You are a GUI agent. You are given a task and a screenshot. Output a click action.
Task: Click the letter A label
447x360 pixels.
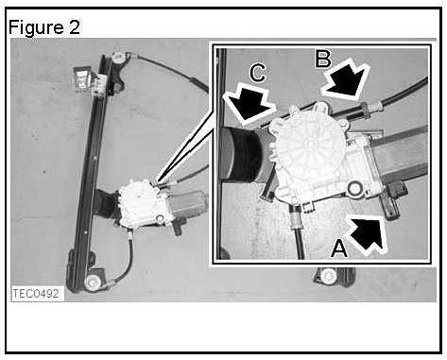tap(339, 249)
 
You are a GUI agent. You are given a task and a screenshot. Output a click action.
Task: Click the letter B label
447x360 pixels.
tap(323, 59)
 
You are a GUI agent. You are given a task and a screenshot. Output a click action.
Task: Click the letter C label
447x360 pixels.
tap(257, 74)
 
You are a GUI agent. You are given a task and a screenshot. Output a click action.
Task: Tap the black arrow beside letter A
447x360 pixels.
tap(367, 232)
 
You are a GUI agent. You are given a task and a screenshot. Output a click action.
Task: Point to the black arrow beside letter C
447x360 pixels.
tap(248, 103)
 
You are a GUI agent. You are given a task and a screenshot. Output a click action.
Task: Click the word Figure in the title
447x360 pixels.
tap(36, 27)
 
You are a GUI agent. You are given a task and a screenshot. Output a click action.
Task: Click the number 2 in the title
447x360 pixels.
tap(74, 27)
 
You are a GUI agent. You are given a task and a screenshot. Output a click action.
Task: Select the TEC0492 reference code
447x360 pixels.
tap(36, 294)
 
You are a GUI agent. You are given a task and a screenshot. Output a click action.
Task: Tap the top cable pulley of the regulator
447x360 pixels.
tap(118, 58)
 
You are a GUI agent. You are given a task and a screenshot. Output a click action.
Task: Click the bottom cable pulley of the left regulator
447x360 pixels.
tap(93, 282)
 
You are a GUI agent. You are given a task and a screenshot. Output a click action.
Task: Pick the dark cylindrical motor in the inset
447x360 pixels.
tap(242, 154)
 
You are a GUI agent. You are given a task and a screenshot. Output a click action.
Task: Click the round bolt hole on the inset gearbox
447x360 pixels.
tap(354, 188)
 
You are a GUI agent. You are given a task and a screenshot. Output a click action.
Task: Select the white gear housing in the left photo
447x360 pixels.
tap(144, 204)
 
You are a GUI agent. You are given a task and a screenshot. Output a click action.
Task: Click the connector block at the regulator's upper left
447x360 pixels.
tap(83, 78)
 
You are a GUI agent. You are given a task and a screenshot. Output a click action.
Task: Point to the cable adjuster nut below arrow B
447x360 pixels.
tap(366, 110)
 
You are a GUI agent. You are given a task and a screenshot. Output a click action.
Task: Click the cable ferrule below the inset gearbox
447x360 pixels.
tap(297, 219)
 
